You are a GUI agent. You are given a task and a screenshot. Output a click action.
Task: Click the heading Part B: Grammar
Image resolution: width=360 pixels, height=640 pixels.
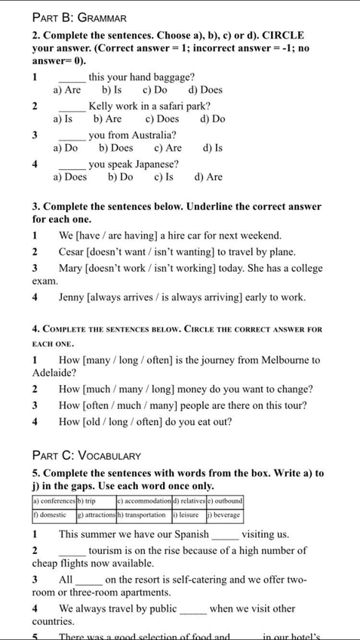pos(79,17)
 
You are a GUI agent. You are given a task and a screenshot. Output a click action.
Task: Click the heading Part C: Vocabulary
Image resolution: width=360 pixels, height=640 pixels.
pos(87,455)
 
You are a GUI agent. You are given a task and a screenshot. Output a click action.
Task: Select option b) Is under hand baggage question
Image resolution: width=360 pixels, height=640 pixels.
pos(112,90)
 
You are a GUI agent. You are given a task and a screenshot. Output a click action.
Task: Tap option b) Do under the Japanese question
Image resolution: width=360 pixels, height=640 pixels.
pos(121,177)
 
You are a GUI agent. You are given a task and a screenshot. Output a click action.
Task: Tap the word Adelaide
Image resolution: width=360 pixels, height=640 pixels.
pos(54,373)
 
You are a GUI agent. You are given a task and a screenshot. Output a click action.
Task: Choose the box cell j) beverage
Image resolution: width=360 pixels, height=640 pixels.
pos(222,515)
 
